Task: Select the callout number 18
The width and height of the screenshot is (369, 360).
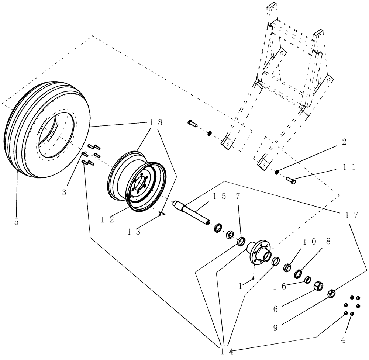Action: (155, 123)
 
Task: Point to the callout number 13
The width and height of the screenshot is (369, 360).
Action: (134, 232)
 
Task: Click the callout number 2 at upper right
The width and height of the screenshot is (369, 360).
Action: (344, 142)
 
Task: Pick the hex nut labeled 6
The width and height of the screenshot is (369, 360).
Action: (318, 286)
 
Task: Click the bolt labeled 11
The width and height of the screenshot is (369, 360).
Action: (291, 181)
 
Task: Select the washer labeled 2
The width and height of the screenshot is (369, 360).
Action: (276, 172)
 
